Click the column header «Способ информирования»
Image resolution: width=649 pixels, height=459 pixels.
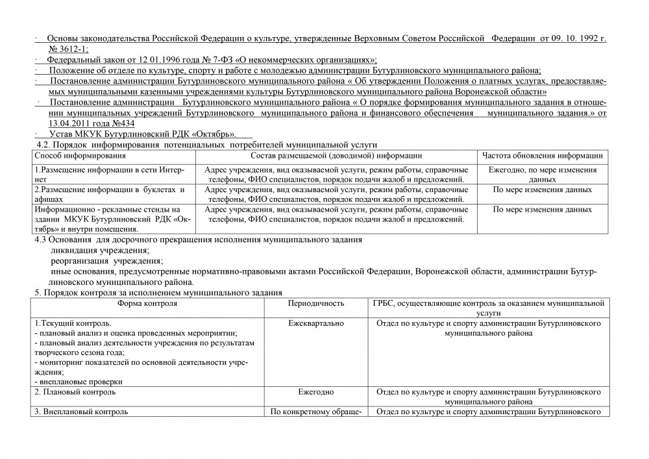pos(80,155)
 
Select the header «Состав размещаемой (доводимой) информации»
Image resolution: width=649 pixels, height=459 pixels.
pos(336,155)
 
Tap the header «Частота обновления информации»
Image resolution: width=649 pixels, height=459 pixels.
pos(543,155)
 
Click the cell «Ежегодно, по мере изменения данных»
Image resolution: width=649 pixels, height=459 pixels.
pos(543,174)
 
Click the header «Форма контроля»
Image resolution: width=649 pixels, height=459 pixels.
pos(147,303)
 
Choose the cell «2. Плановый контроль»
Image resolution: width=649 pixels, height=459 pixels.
pos(75,392)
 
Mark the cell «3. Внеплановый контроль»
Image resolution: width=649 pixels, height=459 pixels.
pos(81,412)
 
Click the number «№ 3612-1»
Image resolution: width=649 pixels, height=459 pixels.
pos(68,49)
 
